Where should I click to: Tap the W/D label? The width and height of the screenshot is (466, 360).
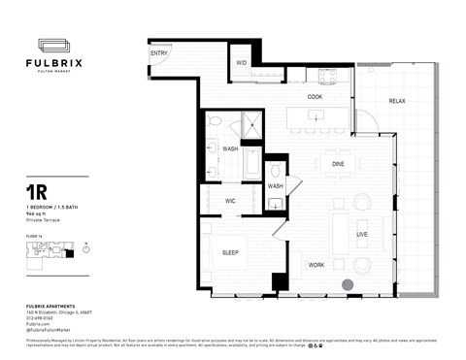[x=242, y=63]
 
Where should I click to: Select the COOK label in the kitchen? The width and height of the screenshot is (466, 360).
[x=316, y=97]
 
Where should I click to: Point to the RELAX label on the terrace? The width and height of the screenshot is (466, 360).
[x=397, y=102]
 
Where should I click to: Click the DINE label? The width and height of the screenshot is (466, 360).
[x=338, y=164]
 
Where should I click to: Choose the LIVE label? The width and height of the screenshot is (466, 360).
[x=361, y=234]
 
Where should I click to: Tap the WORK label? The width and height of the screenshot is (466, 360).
[x=316, y=264]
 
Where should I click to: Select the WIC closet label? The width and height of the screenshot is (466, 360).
[x=230, y=201]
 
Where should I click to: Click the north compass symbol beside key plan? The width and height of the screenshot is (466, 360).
[x=86, y=248]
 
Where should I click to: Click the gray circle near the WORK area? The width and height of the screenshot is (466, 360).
[x=348, y=284]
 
